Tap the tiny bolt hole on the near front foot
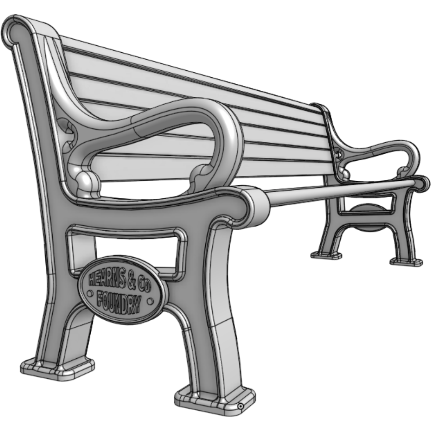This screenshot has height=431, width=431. pos(241,406)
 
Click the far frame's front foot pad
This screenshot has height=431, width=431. pos(406,262)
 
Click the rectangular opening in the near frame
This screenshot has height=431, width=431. pos(123,250)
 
